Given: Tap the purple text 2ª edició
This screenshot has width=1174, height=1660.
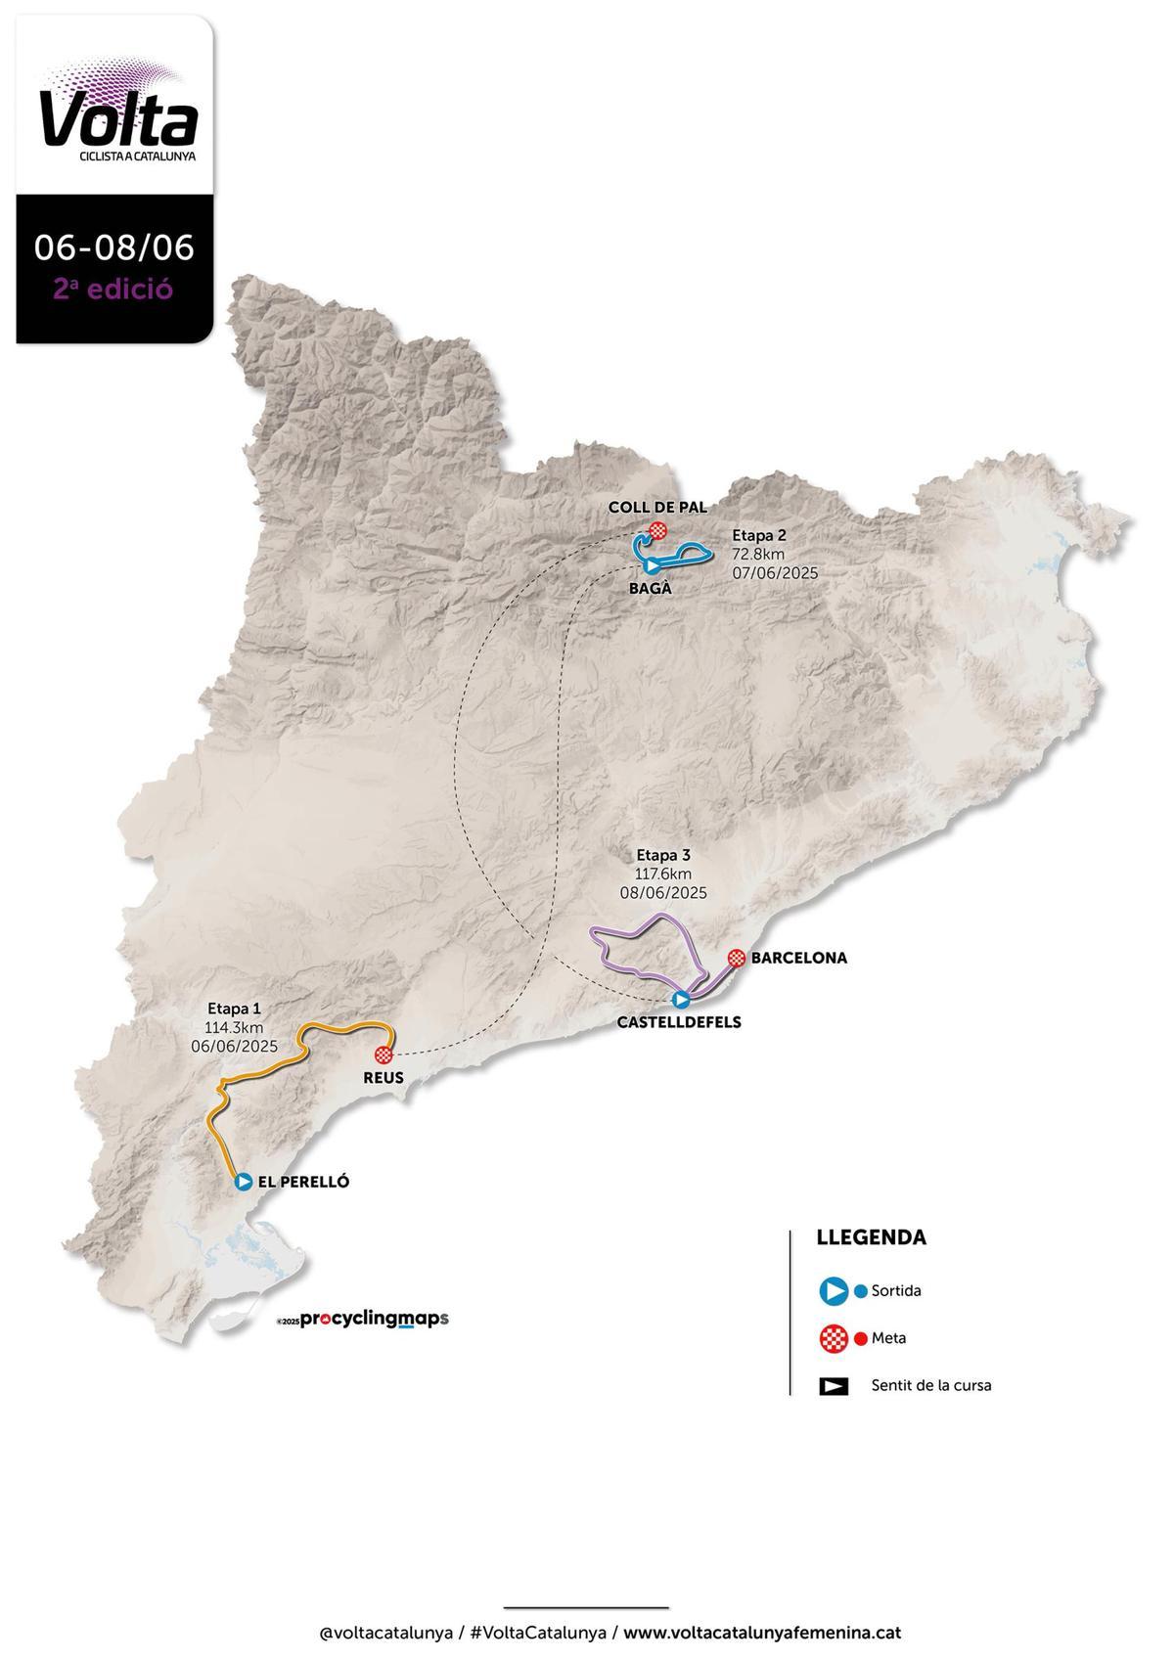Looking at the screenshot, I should [114, 290].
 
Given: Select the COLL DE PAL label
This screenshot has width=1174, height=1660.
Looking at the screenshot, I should [656, 507].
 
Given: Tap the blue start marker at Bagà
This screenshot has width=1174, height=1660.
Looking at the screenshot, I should [653, 566].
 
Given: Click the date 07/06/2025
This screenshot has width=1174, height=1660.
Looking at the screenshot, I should [775, 572].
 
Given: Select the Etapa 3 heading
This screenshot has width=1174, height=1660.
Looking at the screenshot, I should [663, 855].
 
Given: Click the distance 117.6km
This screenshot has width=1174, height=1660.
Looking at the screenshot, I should [663, 874].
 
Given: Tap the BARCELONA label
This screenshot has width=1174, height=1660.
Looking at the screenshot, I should [798, 958].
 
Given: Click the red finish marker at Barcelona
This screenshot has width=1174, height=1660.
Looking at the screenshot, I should [737, 958].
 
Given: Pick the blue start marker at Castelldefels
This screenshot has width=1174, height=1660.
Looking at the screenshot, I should [682, 999].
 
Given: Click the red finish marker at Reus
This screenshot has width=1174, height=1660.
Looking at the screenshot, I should [384, 1054].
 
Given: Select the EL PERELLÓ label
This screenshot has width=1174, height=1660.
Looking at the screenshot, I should [303, 1182].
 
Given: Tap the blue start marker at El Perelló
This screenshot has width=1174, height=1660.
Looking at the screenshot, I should [244, 1182].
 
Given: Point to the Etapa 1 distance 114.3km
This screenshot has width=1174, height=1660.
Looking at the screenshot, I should [235, 1027].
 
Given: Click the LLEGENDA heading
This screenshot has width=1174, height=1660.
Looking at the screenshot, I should [871, 1237].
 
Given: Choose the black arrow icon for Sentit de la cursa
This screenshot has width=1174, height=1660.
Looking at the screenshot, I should [834, 1386].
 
